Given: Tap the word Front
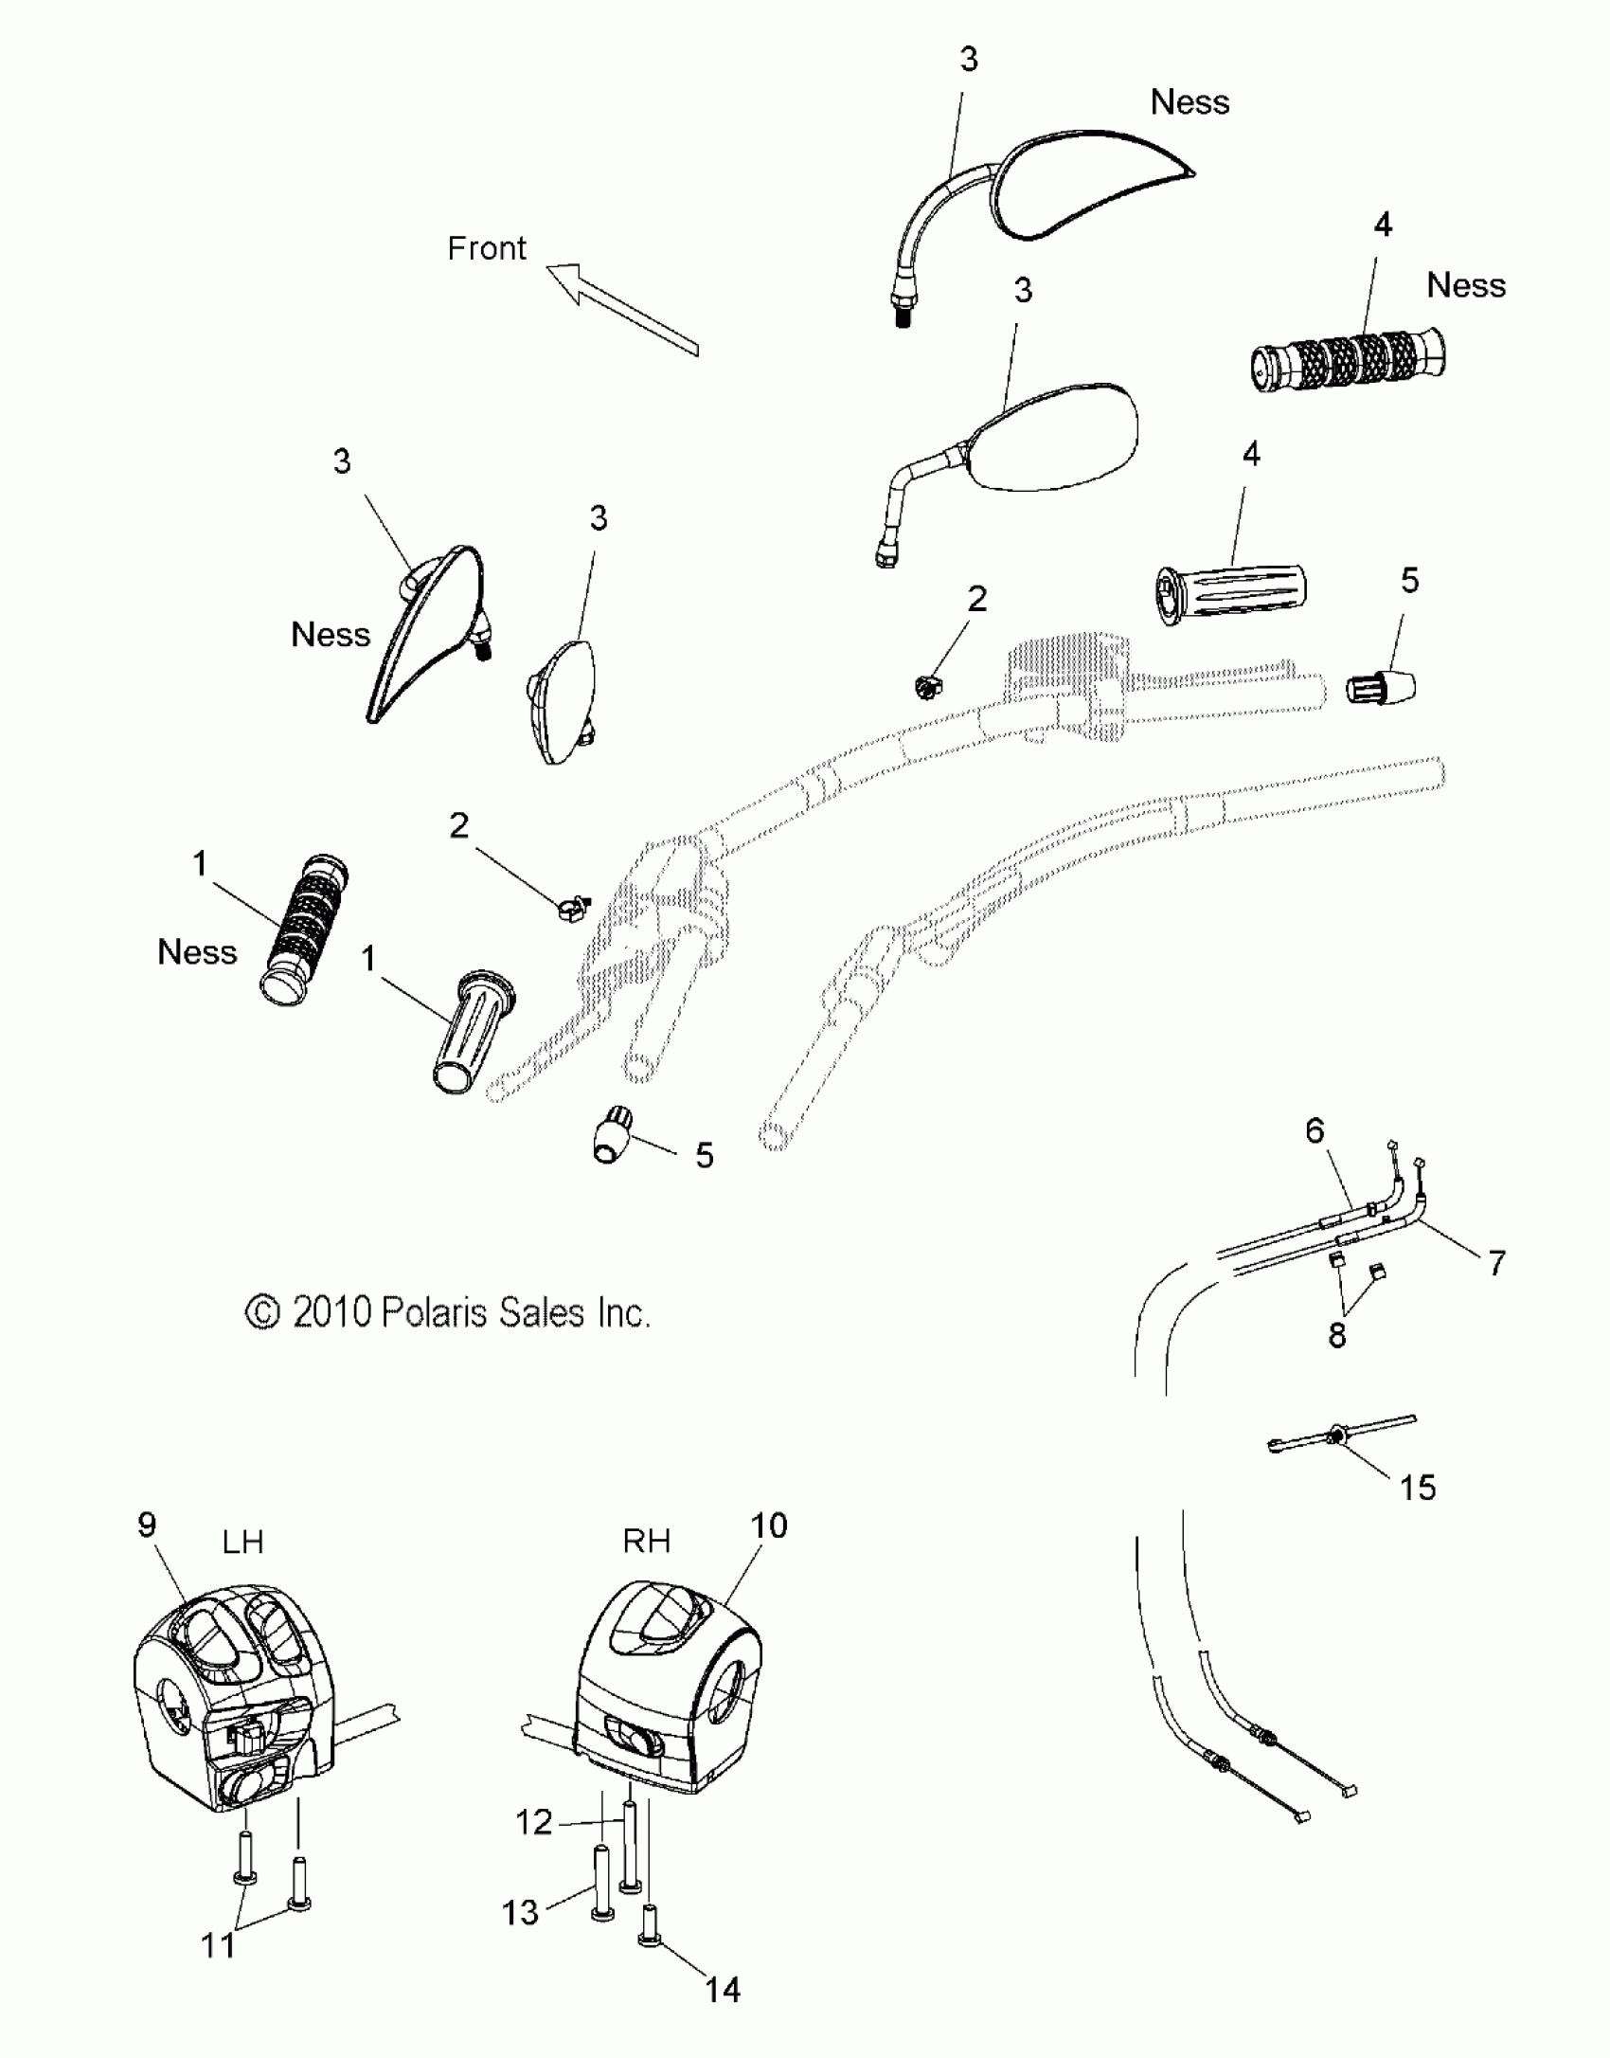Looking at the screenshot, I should pos(486,248).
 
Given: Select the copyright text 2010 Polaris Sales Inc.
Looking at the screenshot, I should pos(448,1312).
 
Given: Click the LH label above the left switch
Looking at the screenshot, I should pos(242,1542).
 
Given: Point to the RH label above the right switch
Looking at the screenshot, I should pos(646,1541).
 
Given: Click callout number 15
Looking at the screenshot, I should pos(1417,1488).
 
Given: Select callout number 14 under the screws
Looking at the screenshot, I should pos(723,1990).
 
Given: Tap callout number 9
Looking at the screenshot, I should pos(147,1525).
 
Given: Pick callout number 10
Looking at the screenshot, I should pos(768,1525).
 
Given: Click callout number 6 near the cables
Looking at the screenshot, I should pos(1315,1130).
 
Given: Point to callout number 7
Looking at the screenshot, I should pos(1496,1262).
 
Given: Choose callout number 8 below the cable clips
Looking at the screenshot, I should pos(1336,1335).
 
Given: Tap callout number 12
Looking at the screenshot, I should pos(534,1821).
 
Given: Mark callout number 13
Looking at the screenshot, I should pos(520,1912).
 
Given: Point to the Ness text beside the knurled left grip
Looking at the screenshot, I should pos(197,951).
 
